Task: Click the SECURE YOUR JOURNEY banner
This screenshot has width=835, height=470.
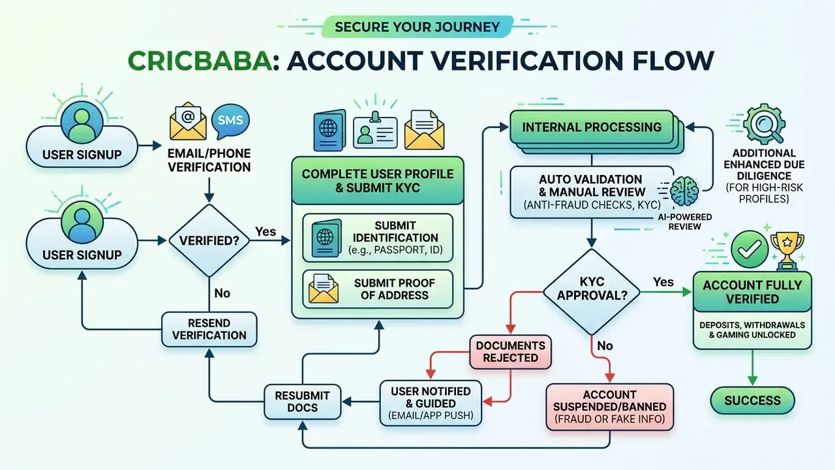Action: tap(417, 27)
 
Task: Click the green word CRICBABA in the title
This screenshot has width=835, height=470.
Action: tap(200, 61)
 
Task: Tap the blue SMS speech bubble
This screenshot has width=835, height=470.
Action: tap(230, 121)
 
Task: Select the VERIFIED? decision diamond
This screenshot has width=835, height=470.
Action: tap(209, 241)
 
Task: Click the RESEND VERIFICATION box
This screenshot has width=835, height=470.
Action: tap(209, 330)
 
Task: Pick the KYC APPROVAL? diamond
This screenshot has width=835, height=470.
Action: tap(592, 292)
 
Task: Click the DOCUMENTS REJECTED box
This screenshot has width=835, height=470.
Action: tap(510, 352)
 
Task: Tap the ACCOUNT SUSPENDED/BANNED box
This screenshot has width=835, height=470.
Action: tap(610, 407)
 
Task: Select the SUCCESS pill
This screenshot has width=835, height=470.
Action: tap(752, 401)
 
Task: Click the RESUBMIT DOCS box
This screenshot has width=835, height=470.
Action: tap(302, 401)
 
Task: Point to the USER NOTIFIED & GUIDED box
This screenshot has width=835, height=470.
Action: tap(431, 403)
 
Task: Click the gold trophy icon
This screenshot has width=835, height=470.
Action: tap(787, 251)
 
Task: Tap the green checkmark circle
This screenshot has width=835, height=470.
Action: tap(750, 249)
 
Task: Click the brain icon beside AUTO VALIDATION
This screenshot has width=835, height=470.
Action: tap(684, 191)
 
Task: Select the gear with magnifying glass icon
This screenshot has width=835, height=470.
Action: tap(764, 124)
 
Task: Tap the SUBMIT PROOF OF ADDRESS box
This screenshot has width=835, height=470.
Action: tap(378, 289)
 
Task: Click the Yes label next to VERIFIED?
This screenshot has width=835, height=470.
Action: tap(266, 232)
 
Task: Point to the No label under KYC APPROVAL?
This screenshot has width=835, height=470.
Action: tap(605, 346)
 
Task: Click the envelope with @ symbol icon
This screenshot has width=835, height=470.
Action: tap(188, 121)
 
